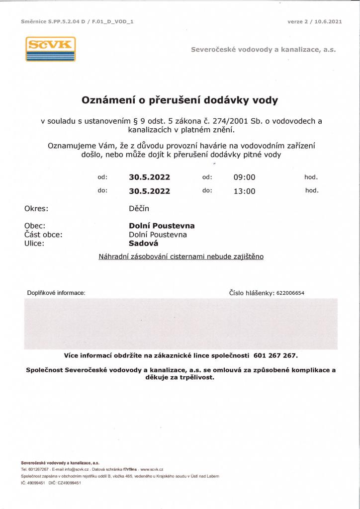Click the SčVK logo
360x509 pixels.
tap(50, 49)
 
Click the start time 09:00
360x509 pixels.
tap(244, 177)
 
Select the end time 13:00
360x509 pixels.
tap(244, 191)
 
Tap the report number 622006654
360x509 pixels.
tap(290, 293)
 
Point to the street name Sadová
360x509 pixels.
tap(143, 244)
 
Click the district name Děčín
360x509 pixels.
tap(139, 209)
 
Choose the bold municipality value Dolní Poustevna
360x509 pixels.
tap(162, 226)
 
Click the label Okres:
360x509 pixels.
tap(36, 209)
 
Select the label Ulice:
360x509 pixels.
tap(34, 244)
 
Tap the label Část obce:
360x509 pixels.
tap(43, 235)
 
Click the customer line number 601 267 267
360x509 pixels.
tap(275, 355)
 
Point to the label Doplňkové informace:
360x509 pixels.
tap(56, 293)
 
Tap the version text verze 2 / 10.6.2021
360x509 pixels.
tap(314, 22)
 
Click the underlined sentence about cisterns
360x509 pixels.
tap(181, 256)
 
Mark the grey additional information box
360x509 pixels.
tap(181, 323)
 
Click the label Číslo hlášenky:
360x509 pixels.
tap(252, 293)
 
